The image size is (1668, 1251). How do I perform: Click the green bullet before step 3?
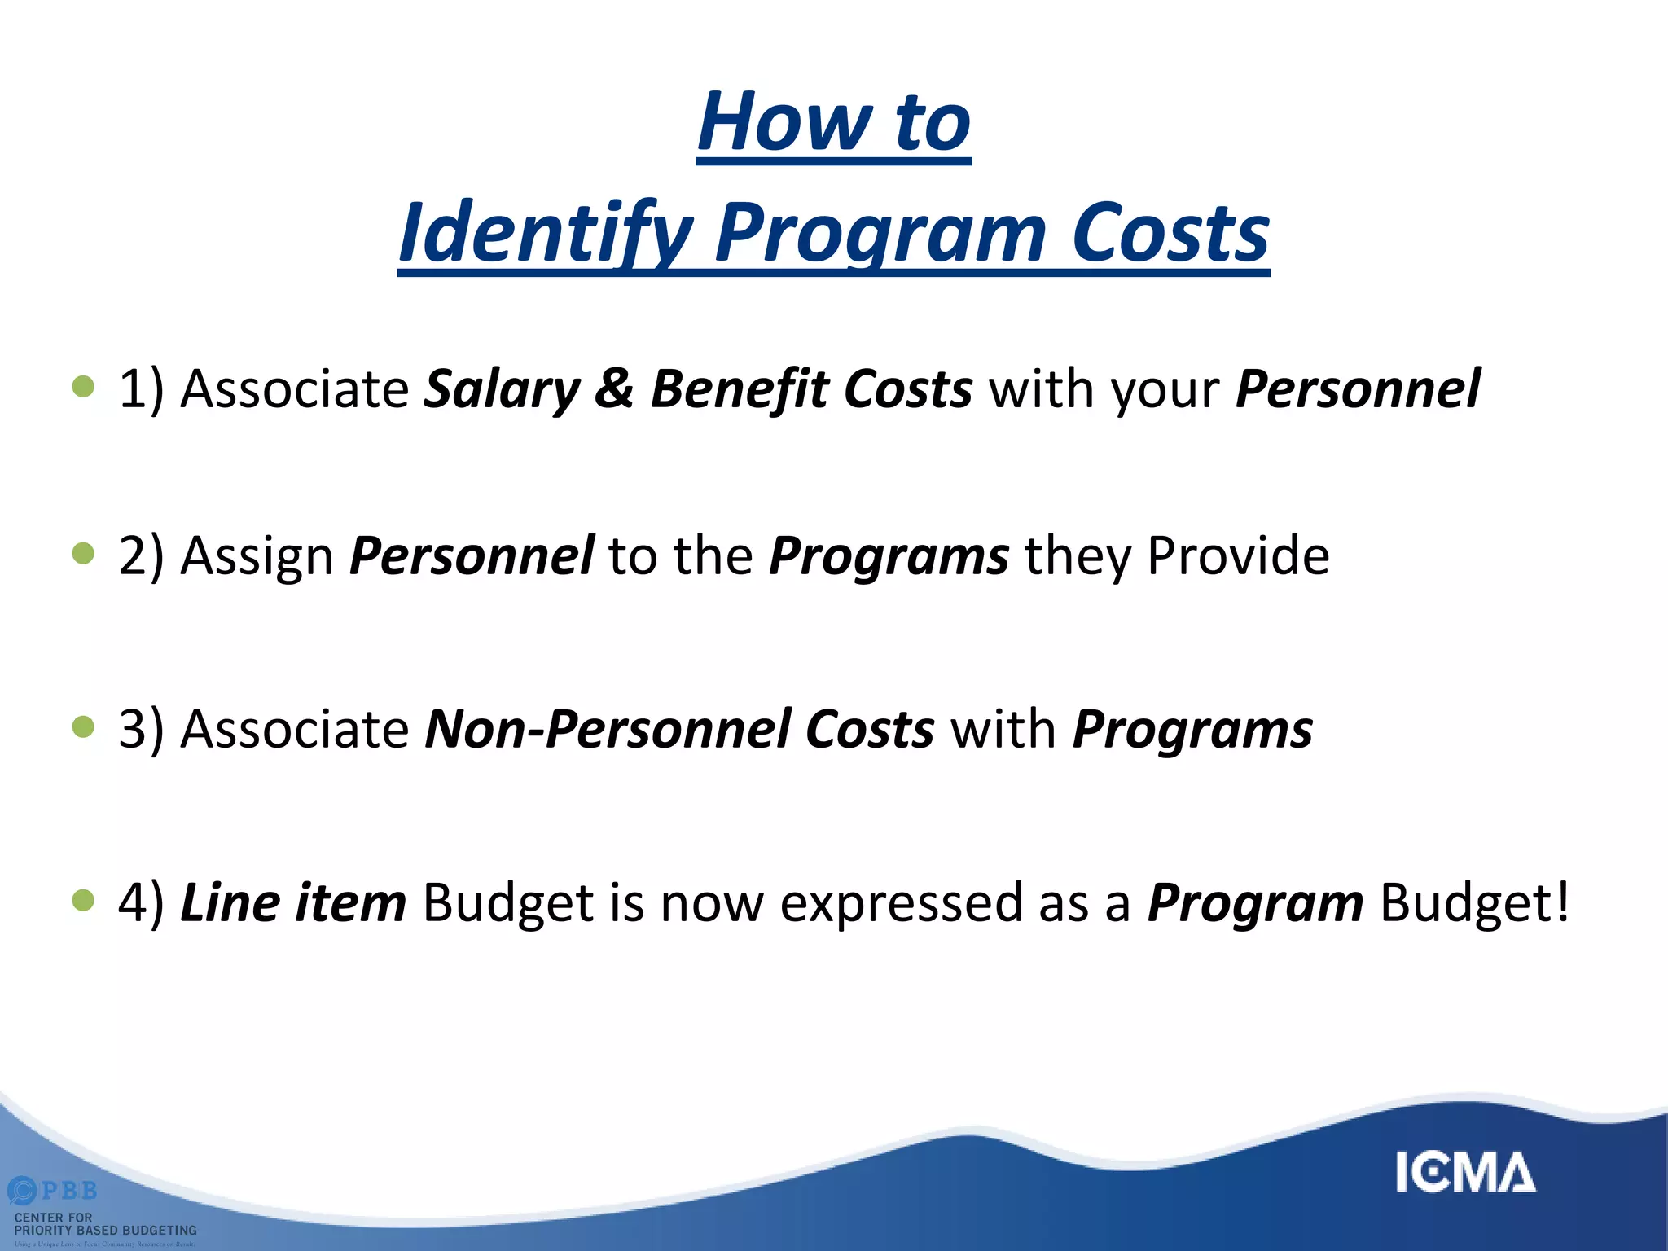pos(83,726)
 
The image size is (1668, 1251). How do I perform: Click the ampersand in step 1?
pos(613,389)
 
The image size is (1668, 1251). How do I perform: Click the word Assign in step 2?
pos(257,557)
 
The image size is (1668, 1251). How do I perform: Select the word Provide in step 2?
pos(1238,555)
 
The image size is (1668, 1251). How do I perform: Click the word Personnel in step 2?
pos(472,555)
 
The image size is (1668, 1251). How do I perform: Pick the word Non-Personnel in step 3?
pos(607,728)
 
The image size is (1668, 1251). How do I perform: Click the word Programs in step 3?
pos(1192,728)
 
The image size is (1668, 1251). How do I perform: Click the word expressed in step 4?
pos(901,904)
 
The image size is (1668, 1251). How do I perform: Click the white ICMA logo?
pos(1465,1173)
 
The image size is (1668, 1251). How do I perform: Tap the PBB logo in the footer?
pos(54,1191)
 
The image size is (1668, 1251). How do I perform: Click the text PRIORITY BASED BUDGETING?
pos(106,1231)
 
